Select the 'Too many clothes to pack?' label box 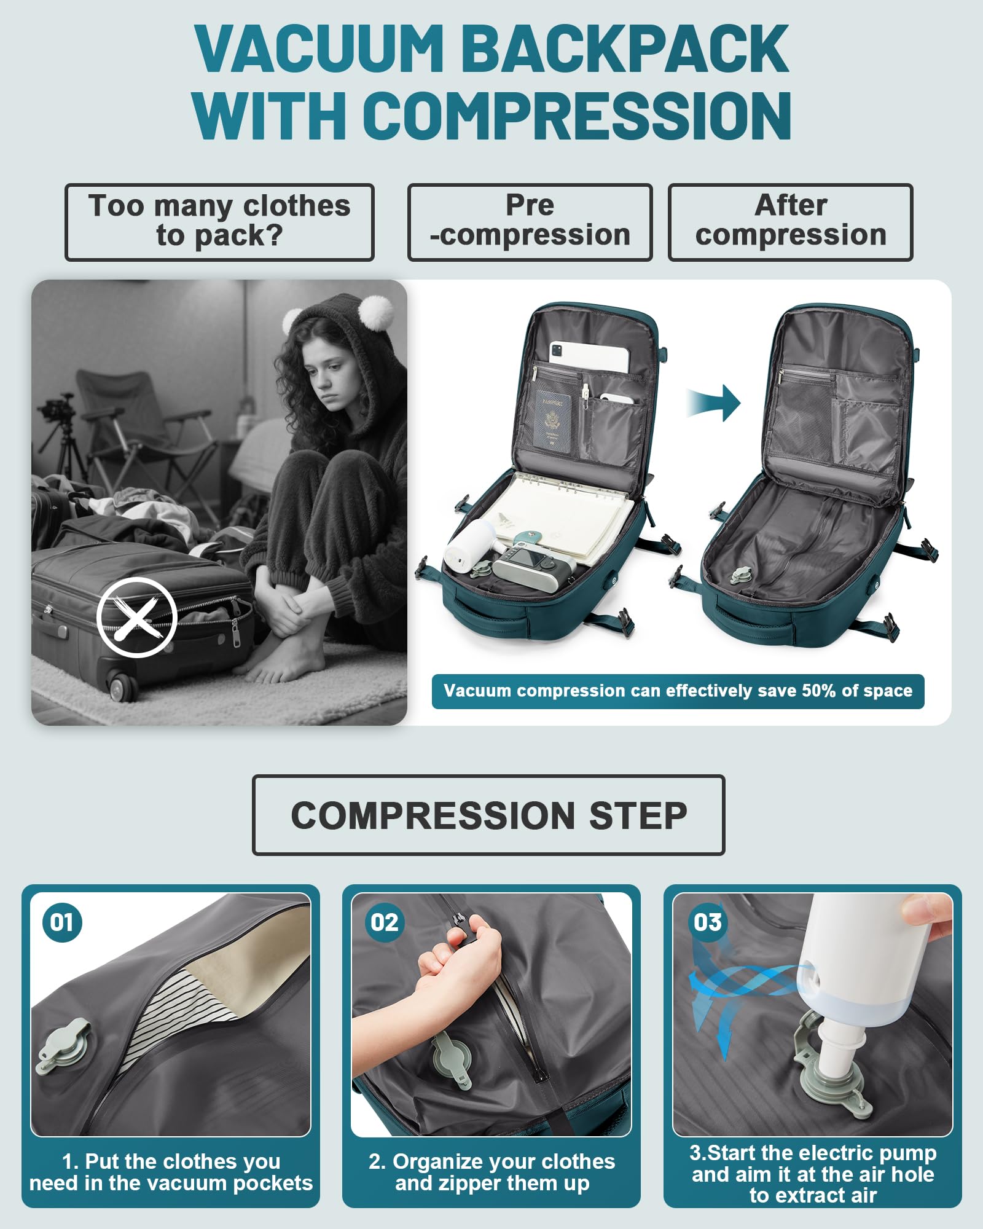(x=219, y=222)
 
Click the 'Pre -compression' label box (x=530, y=222)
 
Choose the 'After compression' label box (x=790, y=222)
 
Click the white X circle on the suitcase (x=137, y=617)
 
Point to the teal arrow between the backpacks (x=715, y=403)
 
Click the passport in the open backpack (x=552, y=422)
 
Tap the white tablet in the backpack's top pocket (x=590, y=356)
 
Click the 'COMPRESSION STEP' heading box (x=488, y=815)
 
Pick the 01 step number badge (x=62, y=922)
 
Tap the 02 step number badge (x=384, y=922)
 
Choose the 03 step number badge (x=707, y=922)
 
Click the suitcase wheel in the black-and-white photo (x=121, y=685)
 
